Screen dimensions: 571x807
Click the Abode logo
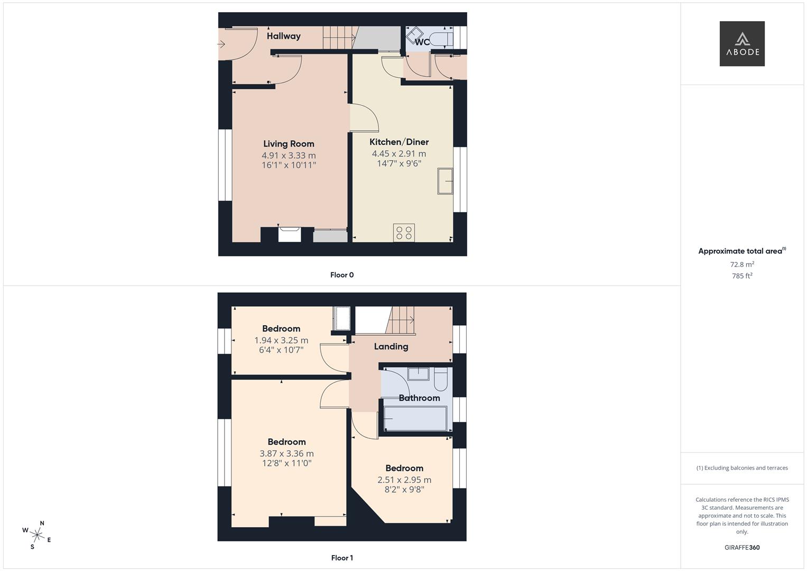[741, 43]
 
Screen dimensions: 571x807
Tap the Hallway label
[283, 36]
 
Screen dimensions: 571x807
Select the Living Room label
[289, 144]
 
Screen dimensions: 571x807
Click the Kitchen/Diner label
[399, 142]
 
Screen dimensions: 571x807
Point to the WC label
[422, 42]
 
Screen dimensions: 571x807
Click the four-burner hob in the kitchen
[404, 233]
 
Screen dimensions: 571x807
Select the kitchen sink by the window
[445, 181]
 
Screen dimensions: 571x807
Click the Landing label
[391, 346]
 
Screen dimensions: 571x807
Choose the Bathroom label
[419, 398]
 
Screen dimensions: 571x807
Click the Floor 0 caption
[342, 275]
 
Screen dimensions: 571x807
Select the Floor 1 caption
[342, 558]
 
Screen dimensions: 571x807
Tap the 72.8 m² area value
[742, 264]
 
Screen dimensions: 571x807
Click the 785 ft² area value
[742, 276]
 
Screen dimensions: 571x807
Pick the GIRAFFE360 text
[742, 547]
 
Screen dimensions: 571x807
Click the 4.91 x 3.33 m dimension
[289, 155]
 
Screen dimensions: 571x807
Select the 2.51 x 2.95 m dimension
[404, 480]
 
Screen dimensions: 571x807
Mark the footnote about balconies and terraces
[742, 468]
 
